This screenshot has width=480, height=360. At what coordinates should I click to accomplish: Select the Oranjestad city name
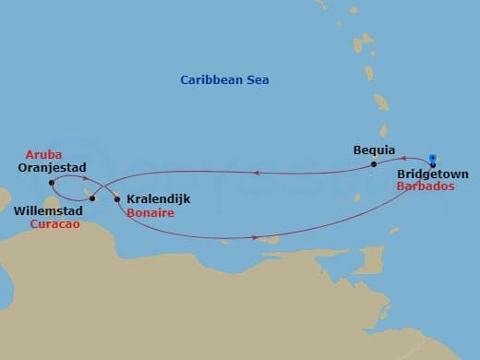click(52, 168)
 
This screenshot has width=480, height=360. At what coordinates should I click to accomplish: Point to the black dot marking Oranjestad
click(52, 183)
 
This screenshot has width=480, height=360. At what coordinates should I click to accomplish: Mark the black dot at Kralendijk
click(117, 199)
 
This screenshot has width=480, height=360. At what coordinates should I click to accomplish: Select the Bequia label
click(374, 150)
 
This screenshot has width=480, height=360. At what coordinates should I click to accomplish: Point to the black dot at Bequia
click(374, 164)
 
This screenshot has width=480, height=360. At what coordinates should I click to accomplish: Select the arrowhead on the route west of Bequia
click(256, 172)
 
